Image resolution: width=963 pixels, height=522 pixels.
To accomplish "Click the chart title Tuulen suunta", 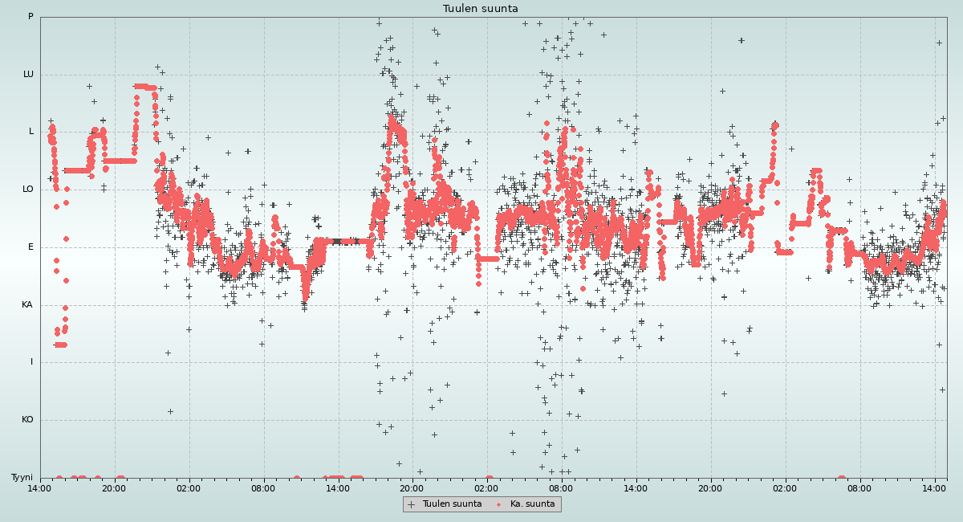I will click(481, 9).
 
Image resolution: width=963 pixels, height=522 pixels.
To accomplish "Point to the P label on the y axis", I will click(30, 17).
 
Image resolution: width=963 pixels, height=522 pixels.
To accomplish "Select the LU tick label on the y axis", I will click(28, 75).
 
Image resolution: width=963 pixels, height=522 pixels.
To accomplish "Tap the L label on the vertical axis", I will click(31, 132).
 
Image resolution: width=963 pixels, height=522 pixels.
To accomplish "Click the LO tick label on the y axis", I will click(28, 190).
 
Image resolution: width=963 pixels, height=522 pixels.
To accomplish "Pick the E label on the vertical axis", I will click(31, 247).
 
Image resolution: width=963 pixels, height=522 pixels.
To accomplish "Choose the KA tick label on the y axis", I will click(27, 305).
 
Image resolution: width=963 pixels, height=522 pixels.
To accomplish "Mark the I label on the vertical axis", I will click(32, 362).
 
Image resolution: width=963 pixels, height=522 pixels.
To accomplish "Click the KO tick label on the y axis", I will click(27, 420).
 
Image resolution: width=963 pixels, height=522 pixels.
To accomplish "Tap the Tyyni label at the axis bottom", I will click(22, 478).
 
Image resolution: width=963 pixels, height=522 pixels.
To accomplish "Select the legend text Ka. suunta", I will click(533, 504).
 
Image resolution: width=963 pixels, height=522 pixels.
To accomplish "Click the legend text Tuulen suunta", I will click(452, 504).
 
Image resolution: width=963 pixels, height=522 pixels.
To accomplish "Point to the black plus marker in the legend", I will click(412, 504).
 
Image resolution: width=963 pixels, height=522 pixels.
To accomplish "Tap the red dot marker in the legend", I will click(499, 504).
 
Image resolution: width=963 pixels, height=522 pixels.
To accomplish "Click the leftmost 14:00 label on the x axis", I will click(40, 488).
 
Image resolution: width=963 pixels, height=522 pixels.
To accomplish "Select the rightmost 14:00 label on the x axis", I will click(935, 488).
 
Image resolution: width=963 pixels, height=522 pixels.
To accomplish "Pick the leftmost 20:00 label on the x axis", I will click(114, 488).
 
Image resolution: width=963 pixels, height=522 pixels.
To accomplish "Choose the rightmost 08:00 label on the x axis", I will click(859, 488).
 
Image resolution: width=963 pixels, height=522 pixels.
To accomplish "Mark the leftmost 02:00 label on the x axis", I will click(189, 488).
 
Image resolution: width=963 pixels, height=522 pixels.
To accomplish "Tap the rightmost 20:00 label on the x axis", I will click(710, 488).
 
